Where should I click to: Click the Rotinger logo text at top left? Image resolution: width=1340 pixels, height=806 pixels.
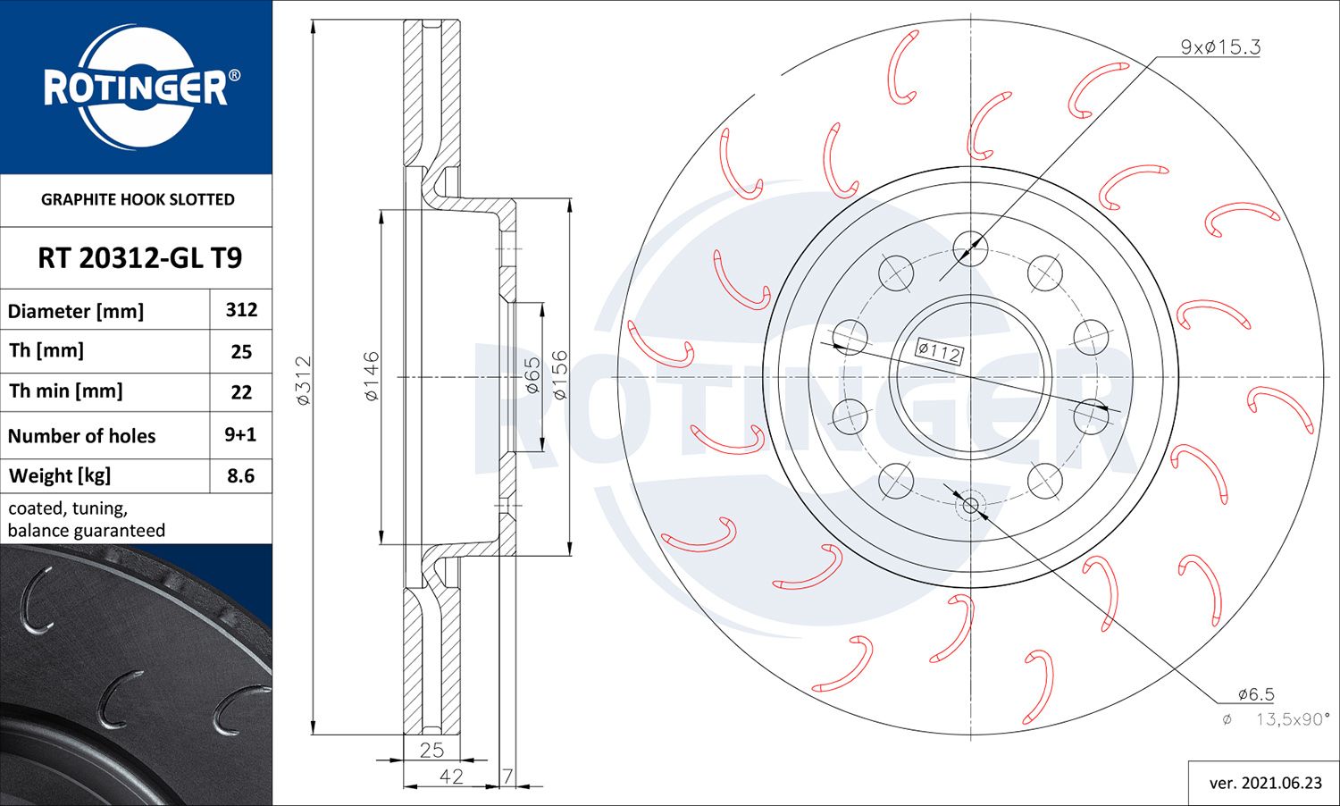pyautogui.click(x=136, y=88)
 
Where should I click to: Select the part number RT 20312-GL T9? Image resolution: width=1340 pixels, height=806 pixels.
pyautogui.click(x=139, y=258)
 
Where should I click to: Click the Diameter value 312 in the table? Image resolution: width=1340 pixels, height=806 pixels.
pyautogui.click(x=241, y=310)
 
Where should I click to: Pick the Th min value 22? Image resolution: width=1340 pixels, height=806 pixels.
pyautogui.click(x=241, y=392)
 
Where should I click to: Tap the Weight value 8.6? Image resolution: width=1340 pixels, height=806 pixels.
pyautogui.click(x=241, y=476)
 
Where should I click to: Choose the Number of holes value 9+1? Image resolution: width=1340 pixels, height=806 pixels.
pyautogui.click(x=240, y=435)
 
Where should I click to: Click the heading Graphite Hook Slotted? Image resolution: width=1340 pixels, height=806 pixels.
pyautogui.click(x=138, y=200)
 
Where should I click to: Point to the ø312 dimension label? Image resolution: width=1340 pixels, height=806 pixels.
pyautogui.click(x=304, y=381)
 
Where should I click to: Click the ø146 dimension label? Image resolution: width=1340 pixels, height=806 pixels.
pyautogui.click(x=372, y=376)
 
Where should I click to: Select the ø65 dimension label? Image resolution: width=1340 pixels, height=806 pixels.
pyautogui.click(x=532, y=376)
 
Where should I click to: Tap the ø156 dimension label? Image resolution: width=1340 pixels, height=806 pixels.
pyautogui.click(x=559, y=374)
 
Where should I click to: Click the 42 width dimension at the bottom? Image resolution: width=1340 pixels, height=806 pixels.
pyautogui.click(x=451, y=777)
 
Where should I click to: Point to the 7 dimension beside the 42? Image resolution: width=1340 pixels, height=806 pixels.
pyautogui.click(x=507, y=777)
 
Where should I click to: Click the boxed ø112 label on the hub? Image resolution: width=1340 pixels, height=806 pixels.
pyautogui.click(x=939, y=351)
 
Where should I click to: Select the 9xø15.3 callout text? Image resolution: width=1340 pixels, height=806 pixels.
pyautogui.click(x=1219, y=47)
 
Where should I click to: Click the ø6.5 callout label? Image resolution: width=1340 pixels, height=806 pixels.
pyautogui.click(x=1255, y=694)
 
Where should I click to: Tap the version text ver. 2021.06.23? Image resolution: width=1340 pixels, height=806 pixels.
pyautogui.click(x=1265, y=783)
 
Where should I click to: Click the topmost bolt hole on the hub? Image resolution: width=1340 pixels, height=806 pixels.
pyautogui.click(x=970, y=248)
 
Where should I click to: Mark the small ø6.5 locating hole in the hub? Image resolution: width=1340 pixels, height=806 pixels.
pyautogui.click(x=971, y=507)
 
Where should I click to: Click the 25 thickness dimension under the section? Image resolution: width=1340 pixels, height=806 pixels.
pyautogui.click(x=432, y=751)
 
